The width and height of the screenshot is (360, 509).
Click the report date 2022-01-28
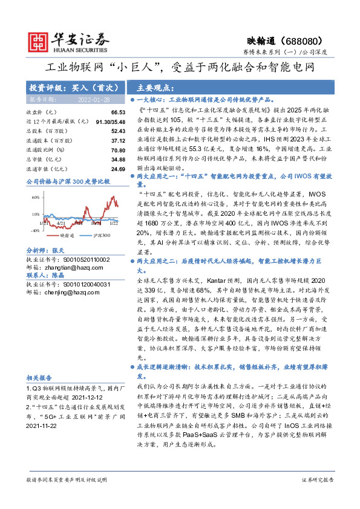coord(94,99)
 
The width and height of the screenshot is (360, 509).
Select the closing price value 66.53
coord(118,113)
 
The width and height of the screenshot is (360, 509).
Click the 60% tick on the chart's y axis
coord(35,197)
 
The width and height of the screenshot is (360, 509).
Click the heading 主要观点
coord(156,87)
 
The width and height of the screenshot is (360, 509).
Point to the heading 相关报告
coord(39,375)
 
